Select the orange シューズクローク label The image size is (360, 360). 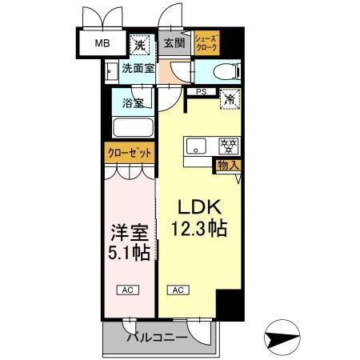click(x=206, y=42)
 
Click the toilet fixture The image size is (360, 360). click(x=230, y=70)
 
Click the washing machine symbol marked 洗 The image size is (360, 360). click(x=140, y=43)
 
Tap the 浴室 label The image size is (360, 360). click(x=133, y=102)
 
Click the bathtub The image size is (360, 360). click(x=133, y=128)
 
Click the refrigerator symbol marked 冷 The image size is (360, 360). click(x=230, y=101)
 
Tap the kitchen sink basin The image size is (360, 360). click(x=198, y=146)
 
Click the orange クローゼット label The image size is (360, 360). click(x=128, y=152)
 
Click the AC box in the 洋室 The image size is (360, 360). click(x=127, y=290)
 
